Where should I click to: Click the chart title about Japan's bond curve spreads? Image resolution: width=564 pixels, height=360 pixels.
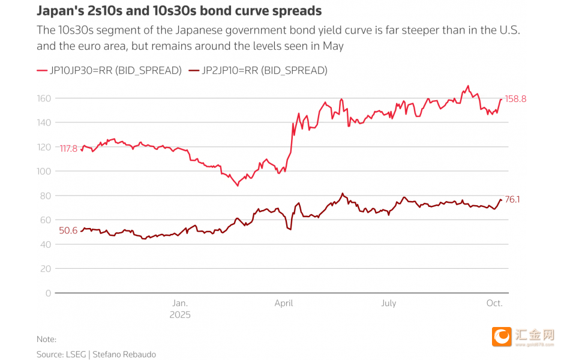[179, 11]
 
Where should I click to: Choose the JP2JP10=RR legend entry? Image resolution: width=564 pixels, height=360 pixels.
[257, 70]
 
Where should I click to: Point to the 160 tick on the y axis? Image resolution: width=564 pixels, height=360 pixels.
[44, 98]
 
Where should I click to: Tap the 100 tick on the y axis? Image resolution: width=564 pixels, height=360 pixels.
[44, 171]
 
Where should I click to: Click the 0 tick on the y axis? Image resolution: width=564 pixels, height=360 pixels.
[49, 293]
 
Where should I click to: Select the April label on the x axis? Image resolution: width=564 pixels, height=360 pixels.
[284, 303]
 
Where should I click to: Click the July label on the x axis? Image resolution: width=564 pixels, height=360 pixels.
[389, 303]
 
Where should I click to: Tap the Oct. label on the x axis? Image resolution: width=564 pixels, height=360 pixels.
[494, 303]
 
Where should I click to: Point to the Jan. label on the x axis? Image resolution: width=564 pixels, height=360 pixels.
[180, 303]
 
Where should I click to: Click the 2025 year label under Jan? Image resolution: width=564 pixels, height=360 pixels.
[180, 314]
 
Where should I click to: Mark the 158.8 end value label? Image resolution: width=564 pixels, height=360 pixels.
[515, 99]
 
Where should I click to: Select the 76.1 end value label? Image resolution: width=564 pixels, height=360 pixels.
[512, 199]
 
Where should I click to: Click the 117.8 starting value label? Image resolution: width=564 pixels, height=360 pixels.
[68, 148]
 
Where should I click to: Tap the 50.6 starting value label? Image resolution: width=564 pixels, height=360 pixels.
[68, 230]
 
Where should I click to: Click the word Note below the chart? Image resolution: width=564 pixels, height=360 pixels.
[46, 340]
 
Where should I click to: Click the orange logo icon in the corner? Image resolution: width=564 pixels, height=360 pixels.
[502, 337]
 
